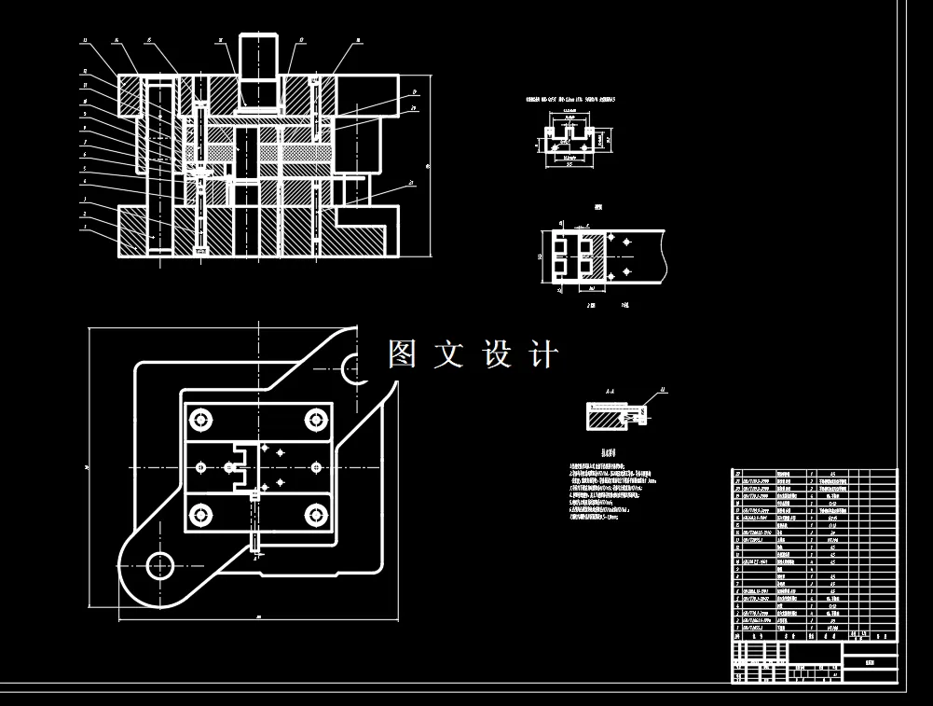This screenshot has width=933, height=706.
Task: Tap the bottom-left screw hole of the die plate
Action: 199,513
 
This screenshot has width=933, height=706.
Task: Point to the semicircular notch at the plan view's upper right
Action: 355,368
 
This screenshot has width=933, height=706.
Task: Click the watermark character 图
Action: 402,354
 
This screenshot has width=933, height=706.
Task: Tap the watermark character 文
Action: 448,354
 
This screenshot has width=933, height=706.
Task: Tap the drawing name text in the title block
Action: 870,659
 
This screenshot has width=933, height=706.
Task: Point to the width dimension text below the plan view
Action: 257,616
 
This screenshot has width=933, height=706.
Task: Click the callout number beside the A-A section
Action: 663,389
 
